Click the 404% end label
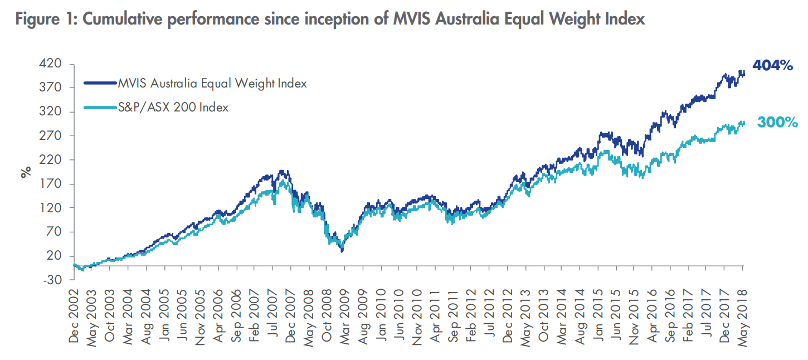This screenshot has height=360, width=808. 772,66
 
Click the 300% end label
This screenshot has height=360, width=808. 778,123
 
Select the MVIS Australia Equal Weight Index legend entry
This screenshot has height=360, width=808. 212,84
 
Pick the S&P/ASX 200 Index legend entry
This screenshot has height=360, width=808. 173,108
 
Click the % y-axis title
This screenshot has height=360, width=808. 26,172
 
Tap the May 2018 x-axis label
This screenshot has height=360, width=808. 743,315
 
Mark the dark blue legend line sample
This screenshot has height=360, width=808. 100,84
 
